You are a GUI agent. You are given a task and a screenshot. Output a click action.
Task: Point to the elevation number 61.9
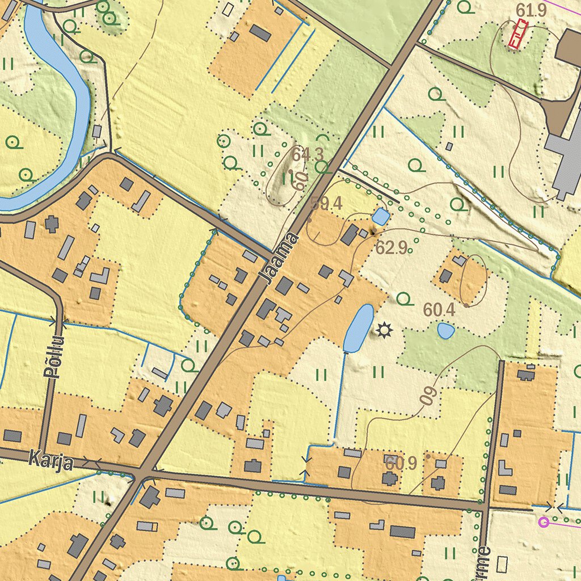click(531, 10)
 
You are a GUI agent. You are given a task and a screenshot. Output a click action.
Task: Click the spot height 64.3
click(308, 154)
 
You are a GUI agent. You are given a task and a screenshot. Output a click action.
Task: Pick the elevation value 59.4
click(326, 204)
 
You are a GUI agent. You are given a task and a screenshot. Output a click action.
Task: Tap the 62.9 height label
click(392, 247)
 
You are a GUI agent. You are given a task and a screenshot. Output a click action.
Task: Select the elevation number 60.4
click(439, 310)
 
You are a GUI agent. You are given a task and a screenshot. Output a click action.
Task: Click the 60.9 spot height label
click(401, 464)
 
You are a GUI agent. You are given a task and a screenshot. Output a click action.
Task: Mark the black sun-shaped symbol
click(385, 330)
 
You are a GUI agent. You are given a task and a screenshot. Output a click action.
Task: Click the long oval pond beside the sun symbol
click(358, 328)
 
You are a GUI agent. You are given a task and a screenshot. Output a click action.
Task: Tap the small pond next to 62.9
click(381, 216)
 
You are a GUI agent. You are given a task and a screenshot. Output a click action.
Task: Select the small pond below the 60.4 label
click(446, 330)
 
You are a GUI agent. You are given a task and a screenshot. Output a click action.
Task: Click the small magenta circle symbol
click(544, 521)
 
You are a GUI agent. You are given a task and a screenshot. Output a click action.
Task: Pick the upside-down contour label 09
click(430, 395)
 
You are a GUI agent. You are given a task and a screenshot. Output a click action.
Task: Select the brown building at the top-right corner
click(569, 48)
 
